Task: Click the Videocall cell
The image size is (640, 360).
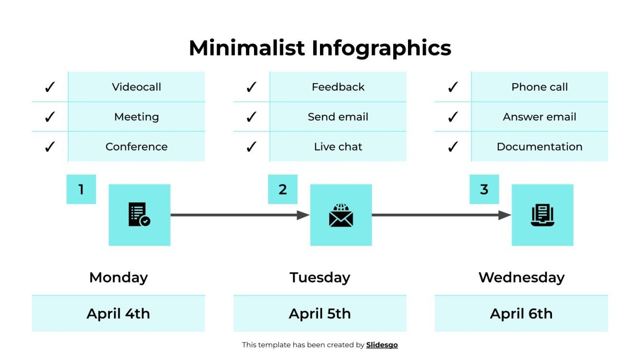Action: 136,87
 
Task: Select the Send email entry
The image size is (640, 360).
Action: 338,117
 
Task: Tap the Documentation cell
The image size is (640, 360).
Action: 539,147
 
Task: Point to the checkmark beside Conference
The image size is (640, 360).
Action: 50,147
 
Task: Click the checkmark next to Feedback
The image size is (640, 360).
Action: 251,87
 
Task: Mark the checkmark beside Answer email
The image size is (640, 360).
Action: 452,117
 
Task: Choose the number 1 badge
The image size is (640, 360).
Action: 81,189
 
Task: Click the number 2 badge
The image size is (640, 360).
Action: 283,189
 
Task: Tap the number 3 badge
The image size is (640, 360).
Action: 484,189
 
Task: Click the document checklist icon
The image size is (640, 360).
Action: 139,215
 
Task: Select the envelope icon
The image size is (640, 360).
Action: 341,215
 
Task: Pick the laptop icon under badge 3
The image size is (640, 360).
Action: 542,215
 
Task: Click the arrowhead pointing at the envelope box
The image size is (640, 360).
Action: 303,215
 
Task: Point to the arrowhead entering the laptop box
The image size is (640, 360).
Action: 505,215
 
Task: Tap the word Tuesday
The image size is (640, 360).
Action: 320,277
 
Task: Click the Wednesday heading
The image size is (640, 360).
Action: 521,277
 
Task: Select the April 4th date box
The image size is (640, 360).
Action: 118,314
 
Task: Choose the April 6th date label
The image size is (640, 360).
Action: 521,314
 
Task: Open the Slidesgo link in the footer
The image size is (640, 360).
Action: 382,345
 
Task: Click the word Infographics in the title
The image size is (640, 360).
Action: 381,48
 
